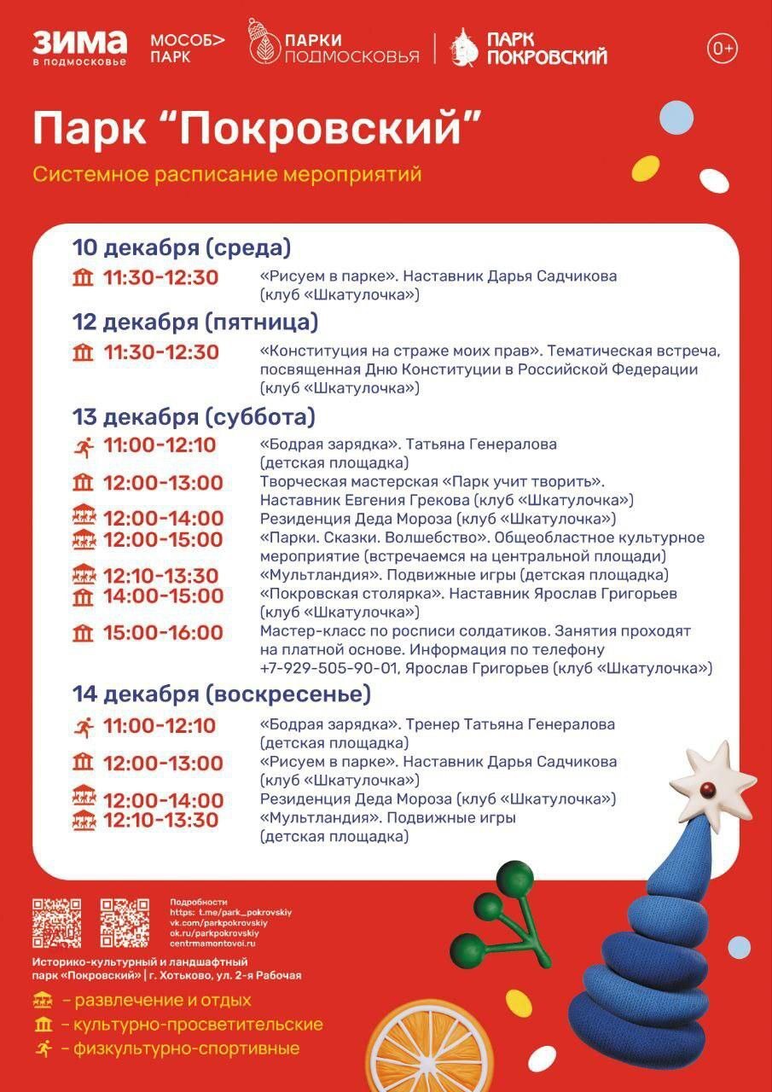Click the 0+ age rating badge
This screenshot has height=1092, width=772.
point(722,49)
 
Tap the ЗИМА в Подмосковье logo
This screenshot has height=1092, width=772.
point(79,48)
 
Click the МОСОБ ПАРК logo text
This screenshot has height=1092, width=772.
point(188,49)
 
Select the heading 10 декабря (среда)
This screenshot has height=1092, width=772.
point(182,248)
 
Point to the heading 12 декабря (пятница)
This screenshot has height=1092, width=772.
point(195,322)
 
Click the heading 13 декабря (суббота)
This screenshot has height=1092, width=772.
point(194,417)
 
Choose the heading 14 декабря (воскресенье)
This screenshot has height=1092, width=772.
point(222,694)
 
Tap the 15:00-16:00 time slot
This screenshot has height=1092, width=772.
point(163,633)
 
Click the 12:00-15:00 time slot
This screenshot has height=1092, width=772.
point(163,539)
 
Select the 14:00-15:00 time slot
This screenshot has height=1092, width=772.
point(163,595)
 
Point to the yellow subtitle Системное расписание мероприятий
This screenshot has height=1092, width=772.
point(228,175)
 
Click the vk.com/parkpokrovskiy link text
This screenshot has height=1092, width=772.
point(219,922)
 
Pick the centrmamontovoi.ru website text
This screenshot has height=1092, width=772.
point(213,943)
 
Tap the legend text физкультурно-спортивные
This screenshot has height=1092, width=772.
point(186,1049)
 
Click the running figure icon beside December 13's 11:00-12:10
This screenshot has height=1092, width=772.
point(84,445)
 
